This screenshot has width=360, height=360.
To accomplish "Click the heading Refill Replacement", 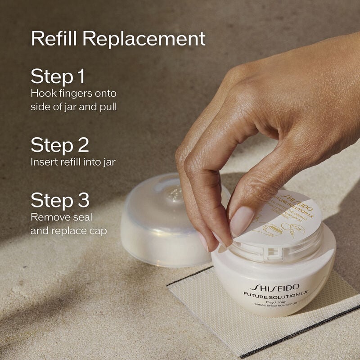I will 118,39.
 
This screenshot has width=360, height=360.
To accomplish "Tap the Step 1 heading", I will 58,76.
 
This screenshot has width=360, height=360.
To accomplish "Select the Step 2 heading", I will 60,145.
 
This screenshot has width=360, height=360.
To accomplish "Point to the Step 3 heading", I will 60,200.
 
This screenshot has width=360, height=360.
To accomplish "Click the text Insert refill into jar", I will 73,162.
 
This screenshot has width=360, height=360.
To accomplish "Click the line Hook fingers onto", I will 73,94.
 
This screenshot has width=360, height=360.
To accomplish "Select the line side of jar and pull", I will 77,107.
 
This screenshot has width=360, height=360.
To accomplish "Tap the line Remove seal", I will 61,217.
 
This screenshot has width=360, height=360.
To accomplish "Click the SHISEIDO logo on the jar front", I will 274,287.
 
